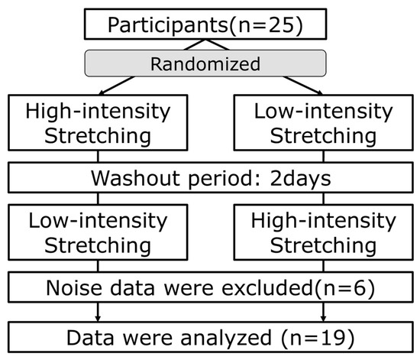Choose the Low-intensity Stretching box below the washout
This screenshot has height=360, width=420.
(99, 235)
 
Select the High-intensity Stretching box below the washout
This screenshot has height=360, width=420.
(321, 235)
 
